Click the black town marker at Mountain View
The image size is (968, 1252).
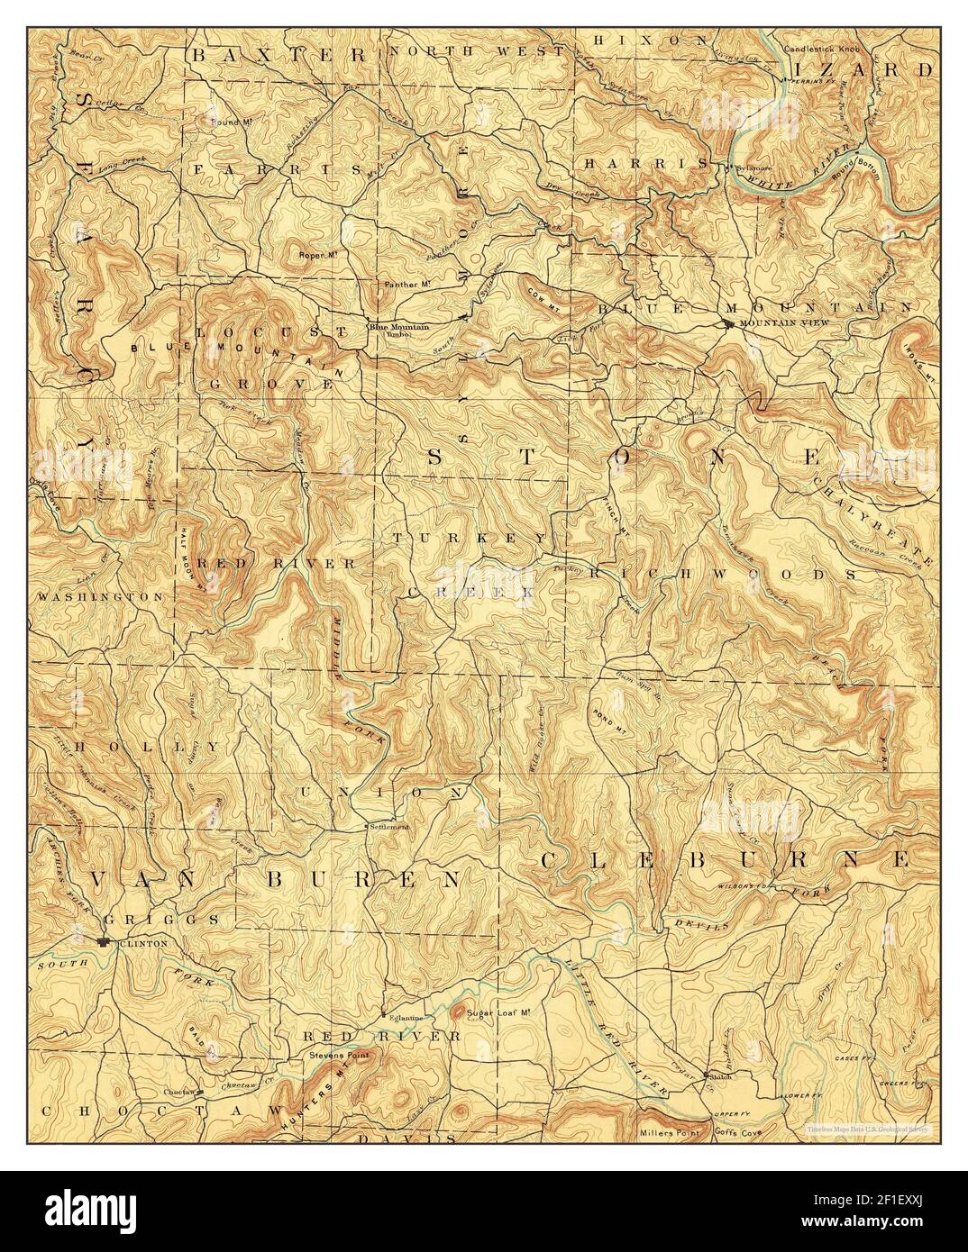point(728,323)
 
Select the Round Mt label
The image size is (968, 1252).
point(229,121)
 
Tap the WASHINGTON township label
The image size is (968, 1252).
point(99,596)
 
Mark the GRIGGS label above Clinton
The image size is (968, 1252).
point(160,920)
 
